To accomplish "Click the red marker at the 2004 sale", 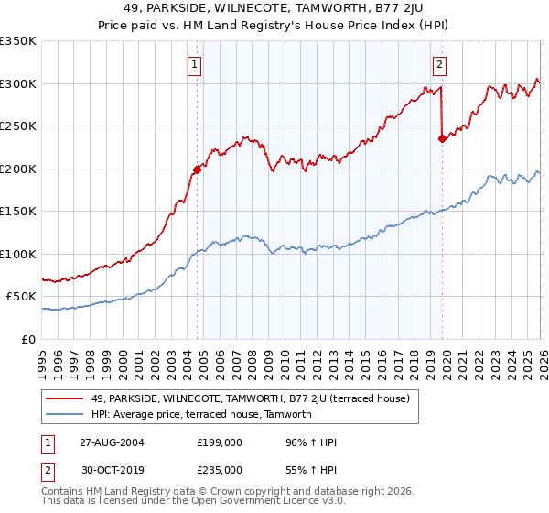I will [197, 169].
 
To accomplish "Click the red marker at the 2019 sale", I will [442, 139].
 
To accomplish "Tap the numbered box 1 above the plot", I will [197, 64].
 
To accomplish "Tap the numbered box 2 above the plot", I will [440, 64].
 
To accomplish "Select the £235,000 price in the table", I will [220, 470].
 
